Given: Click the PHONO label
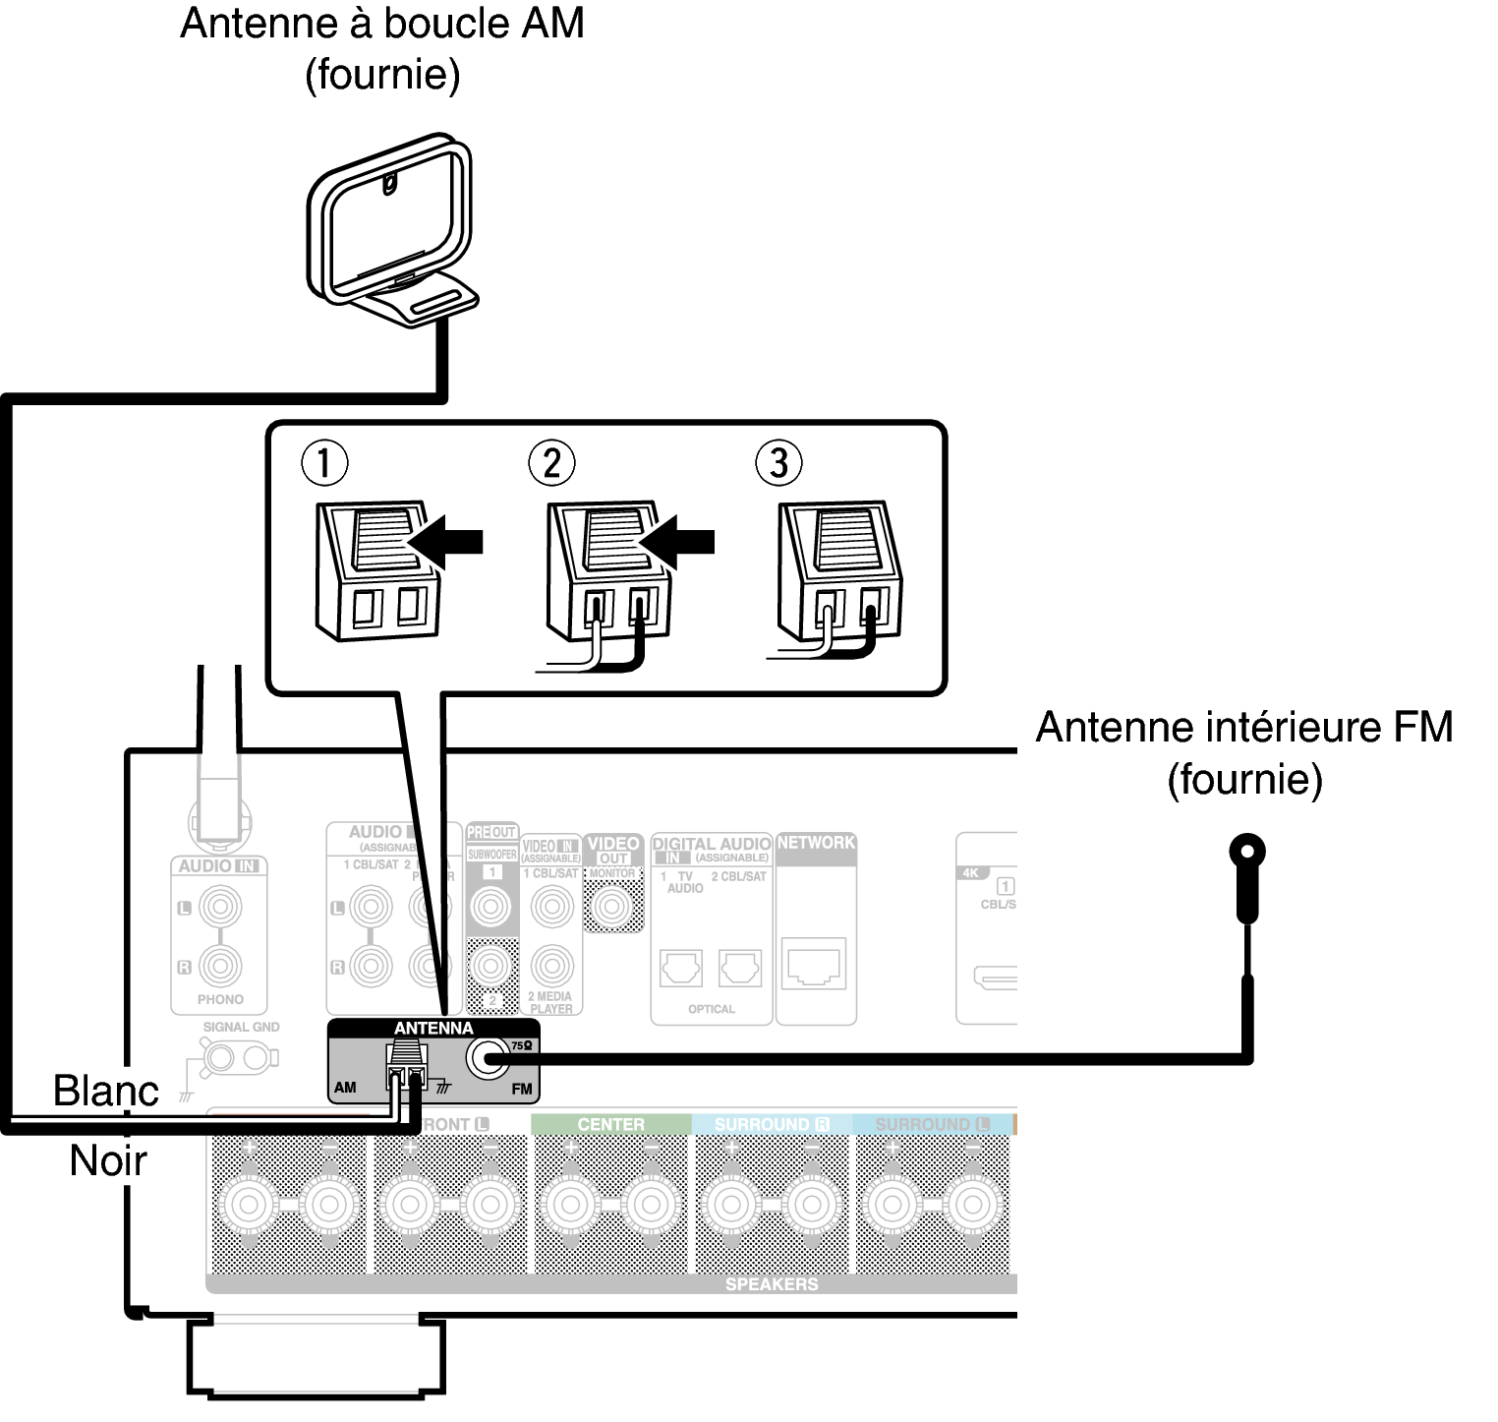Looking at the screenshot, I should click(219, 999).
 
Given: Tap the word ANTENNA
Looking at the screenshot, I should click(433, 1029).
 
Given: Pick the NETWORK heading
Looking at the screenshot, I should click(816, 843).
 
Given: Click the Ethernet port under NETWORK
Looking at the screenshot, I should click(815, 964).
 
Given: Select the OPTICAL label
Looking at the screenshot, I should click(711, 1009).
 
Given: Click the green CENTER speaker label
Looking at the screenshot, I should click(610, 1124).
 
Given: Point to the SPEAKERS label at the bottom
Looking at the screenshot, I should click(771, 1284).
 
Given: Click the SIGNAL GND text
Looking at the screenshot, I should click(241, 1027).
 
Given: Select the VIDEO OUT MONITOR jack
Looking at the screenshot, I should click(612, 906).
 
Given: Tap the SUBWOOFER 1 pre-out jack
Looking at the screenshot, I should click(491, 905).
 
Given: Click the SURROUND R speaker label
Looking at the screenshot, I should click(772, 1124).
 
